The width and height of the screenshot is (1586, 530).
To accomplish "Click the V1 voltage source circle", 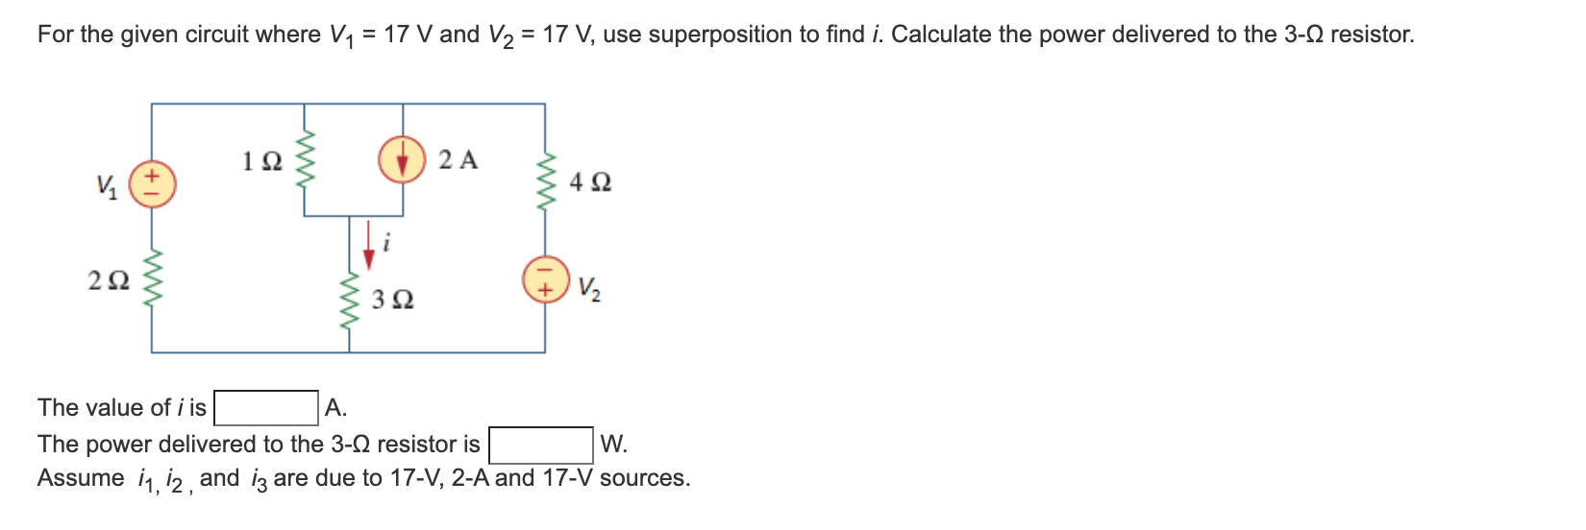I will (x=152, y=184).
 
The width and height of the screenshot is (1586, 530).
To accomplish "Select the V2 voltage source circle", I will (x=544, y=278).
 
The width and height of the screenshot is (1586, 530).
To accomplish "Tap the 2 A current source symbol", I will (x=402, y=159).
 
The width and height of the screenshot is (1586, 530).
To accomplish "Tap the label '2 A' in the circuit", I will (x=458, y=159).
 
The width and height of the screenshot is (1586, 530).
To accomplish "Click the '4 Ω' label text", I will (x=589, y=181).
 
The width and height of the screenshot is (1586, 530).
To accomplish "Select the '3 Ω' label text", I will (x=392, y=301).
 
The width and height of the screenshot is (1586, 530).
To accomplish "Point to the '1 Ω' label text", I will (x=261, y=161).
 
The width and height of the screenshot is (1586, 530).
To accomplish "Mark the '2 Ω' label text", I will (x=108, y=280).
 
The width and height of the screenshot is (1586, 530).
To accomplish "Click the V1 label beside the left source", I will (x=107, y=185).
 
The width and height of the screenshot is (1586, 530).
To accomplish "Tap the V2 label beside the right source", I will (x=589, y=287).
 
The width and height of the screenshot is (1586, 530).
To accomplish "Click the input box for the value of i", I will (x=266, y=408).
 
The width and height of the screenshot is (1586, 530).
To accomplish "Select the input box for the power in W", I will (x=540, y=445).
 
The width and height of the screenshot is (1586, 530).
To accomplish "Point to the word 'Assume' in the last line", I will (x=81, y=478).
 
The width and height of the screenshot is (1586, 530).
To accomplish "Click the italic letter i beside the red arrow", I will (x=386, y=243).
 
